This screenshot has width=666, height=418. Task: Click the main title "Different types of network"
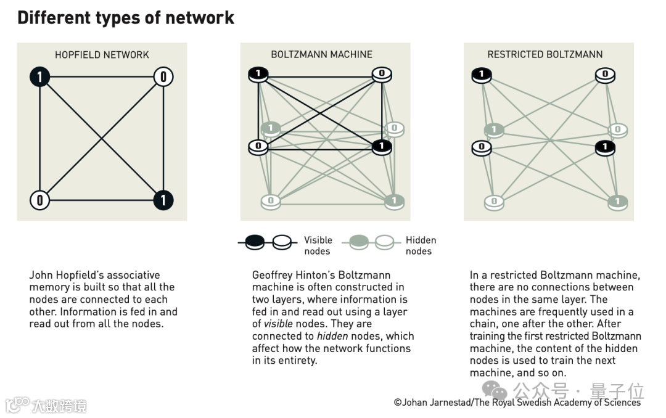(x=126, y=17)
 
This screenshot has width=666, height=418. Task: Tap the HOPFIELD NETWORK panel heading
(x=102, y=55)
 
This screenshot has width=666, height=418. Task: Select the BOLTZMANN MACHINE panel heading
(x=321, y=54)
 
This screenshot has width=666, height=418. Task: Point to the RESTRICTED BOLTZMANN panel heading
(x=545, y=54)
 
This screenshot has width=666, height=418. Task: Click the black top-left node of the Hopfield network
(x=40, y=77)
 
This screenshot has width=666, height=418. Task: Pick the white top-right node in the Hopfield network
(x=163, y=77)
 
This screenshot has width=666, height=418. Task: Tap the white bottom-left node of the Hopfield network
(x=40, y=200)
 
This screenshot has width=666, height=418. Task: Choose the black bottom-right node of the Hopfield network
(x=163, y=200)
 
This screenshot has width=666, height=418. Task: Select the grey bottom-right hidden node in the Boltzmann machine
(x=394, y=200)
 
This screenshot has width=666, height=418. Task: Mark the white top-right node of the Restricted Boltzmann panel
(x=605, y=75)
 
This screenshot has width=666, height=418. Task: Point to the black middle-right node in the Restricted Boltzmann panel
(x=605, y=147)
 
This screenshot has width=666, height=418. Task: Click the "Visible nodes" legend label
(x=318, y=245)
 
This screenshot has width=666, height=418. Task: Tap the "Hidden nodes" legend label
(x=421, y=245)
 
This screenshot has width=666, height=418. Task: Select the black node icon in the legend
(x=255, y=243)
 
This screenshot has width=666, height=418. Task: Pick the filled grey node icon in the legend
(x=359, y=243)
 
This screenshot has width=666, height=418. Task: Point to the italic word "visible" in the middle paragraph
(x=278, y=324)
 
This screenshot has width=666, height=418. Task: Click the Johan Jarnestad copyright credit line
(x=517, y=403)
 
